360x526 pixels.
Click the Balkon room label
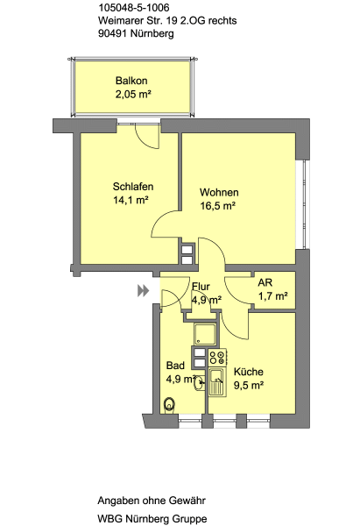tap(131, 81)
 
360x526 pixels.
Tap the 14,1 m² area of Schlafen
tap(131, 200)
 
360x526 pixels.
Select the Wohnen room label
tap(219, 192)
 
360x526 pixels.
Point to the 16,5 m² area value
tap(218, 206)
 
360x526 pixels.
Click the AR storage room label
tap(265, 282)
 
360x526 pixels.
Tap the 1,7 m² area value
tap(273, 296)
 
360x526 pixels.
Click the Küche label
tap(249, 372)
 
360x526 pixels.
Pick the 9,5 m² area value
tap(249, 386)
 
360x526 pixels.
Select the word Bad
tap(175, 366)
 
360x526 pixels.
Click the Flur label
tap(201, 287)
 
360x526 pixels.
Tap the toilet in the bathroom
tap(170, 404)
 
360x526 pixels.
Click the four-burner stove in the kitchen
tap(217, 358)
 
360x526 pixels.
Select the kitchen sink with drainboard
tap(217, 381)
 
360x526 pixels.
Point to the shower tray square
tap(205, 334)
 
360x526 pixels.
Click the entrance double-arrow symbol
tap(143, 290)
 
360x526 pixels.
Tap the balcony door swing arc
tap(146, 138)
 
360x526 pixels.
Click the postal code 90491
tap(113, 33)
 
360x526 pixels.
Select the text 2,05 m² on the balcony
tap(133, 95)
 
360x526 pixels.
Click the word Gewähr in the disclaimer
tap(187, 501)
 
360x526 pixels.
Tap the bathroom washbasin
tap(200, 383)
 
